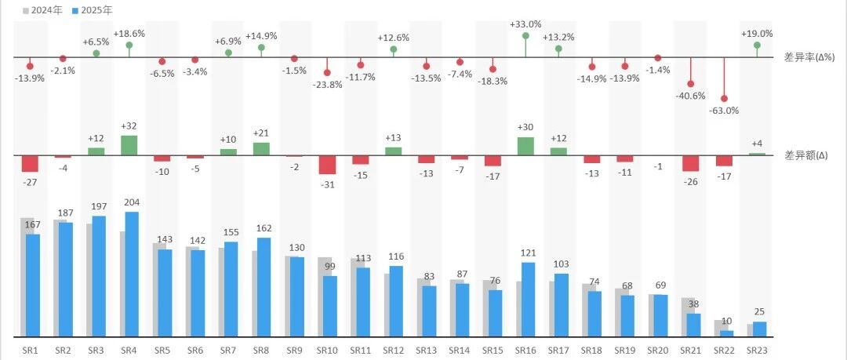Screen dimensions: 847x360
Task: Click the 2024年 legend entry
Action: (43, 10)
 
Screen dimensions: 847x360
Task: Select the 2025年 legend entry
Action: (93, 10)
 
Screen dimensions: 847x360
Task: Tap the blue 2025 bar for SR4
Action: (132, 274)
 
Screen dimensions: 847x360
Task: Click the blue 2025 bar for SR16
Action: (529, 300)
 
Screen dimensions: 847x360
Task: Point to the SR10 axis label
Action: (327, 351)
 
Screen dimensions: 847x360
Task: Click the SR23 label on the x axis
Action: (757, 351)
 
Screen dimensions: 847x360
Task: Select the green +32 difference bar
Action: (129, 145)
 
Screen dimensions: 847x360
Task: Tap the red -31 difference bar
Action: (327, 165)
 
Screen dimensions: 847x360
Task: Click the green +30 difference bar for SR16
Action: (525, 147)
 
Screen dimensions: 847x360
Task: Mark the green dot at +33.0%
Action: (525, 35)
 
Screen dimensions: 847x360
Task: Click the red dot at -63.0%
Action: (724, 99)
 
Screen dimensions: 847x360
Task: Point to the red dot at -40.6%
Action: (691, 84)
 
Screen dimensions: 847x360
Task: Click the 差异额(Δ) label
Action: (806, 155)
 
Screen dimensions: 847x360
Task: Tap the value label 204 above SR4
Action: (132, 202)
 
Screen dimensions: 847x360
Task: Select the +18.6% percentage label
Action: (129, 33)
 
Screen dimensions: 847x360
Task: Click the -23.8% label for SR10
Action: (327, 85)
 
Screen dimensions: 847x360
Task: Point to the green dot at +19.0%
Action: (757, 45)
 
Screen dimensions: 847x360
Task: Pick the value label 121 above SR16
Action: (529, 253)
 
